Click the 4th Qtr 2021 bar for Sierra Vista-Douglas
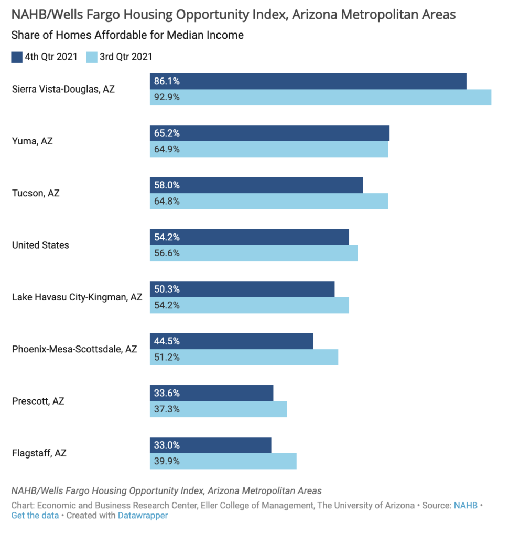tap(308, 81)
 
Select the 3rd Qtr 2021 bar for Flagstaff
tap(223, 461)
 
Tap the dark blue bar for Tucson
tap(256, 185)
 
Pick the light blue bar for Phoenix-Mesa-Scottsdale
tap(244, 357)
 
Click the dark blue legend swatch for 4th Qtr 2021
tap(17, 57)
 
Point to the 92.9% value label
tap(167, 97)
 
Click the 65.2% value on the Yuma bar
tap(167, 133)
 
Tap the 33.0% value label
tap(167, 445)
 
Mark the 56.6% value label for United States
tap(167, 253)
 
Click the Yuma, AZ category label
tap(33, 141)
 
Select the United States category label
tap(40, 245)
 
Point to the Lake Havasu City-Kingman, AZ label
tap(77, 297)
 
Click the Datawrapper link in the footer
tap(143, 516)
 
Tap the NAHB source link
tap(465, 506)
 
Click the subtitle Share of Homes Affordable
tap(127, 36)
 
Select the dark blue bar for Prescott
tap(212, 393)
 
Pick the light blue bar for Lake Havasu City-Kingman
tap(250, 305)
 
